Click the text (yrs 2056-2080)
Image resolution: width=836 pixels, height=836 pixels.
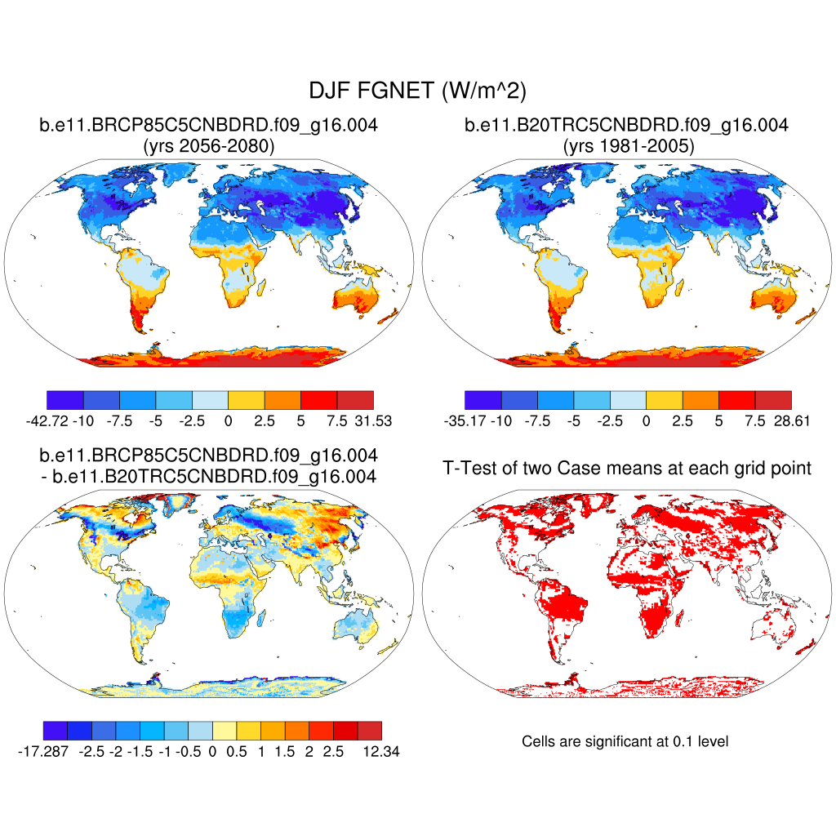pos(209,147)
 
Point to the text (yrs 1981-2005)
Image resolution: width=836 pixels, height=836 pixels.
pos(627,147)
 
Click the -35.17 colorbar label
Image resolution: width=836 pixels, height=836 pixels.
pos(462,421)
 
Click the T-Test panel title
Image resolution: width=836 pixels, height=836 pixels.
pos(627,468)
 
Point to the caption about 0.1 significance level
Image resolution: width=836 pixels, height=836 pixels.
pos(625,741)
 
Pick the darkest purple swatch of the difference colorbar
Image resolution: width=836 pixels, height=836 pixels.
pos(54,730)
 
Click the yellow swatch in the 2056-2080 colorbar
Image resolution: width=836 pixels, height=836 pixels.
pos(246,399)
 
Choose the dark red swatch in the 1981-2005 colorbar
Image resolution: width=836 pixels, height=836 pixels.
pos(773,399)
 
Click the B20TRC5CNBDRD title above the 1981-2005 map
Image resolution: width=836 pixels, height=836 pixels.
pos(627,126)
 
